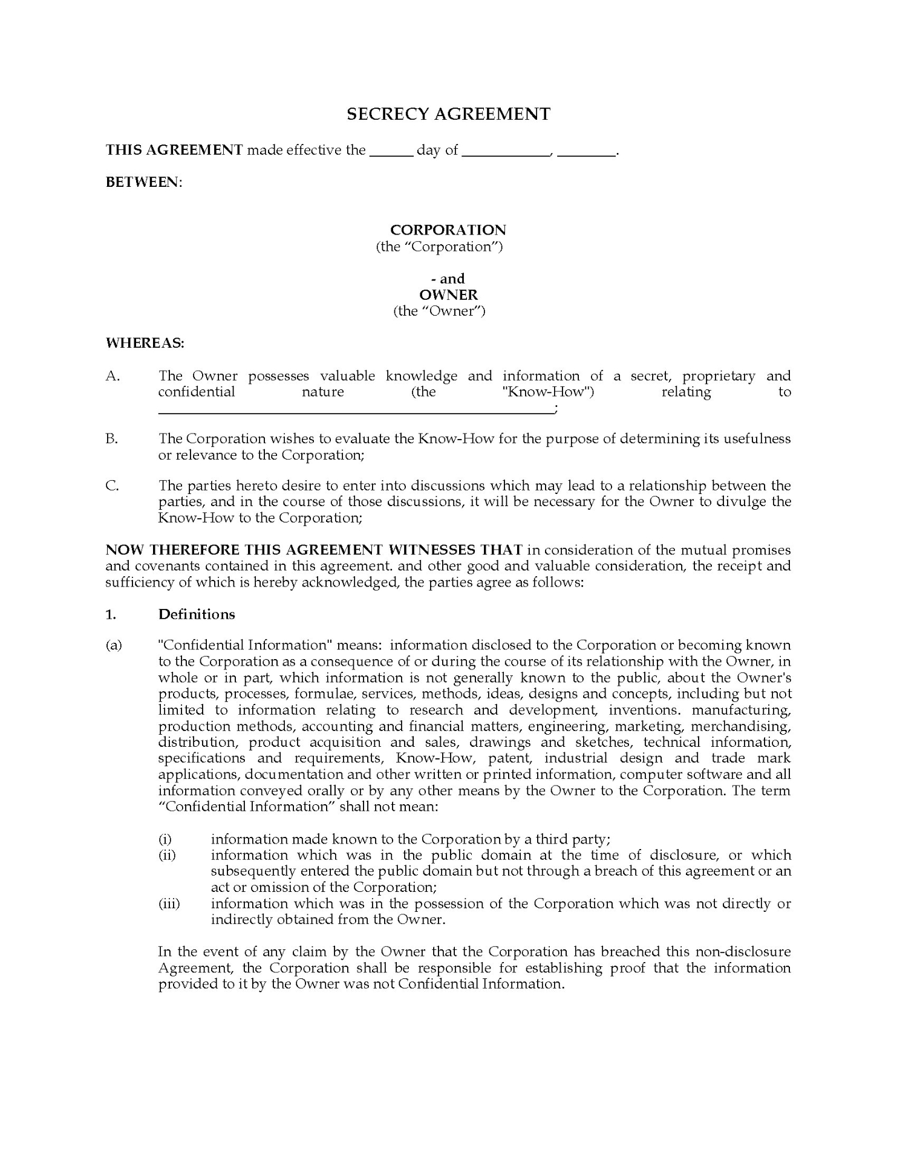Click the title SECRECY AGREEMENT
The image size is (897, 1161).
[x=448, y=114]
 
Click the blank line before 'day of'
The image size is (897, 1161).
[x=391, y=155]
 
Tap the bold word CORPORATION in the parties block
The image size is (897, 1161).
[x=448, y=230]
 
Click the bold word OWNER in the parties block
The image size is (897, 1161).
[x=448, y=294]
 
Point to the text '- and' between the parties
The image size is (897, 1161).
[x=448, y=279]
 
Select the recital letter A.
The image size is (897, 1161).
[x=113, y=376]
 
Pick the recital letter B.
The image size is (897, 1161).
[x=112, y=438]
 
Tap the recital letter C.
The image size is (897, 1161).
[x=113, y=485]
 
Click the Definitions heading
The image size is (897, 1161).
[x=197, y=614]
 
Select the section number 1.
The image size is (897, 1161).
[x=111, y=614]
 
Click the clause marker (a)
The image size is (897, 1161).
[x=114, y=645]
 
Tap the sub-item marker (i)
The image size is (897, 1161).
[x=165, y=839]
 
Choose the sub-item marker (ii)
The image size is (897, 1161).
[x=167, y=855]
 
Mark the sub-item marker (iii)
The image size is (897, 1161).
[x=169, y=903]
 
